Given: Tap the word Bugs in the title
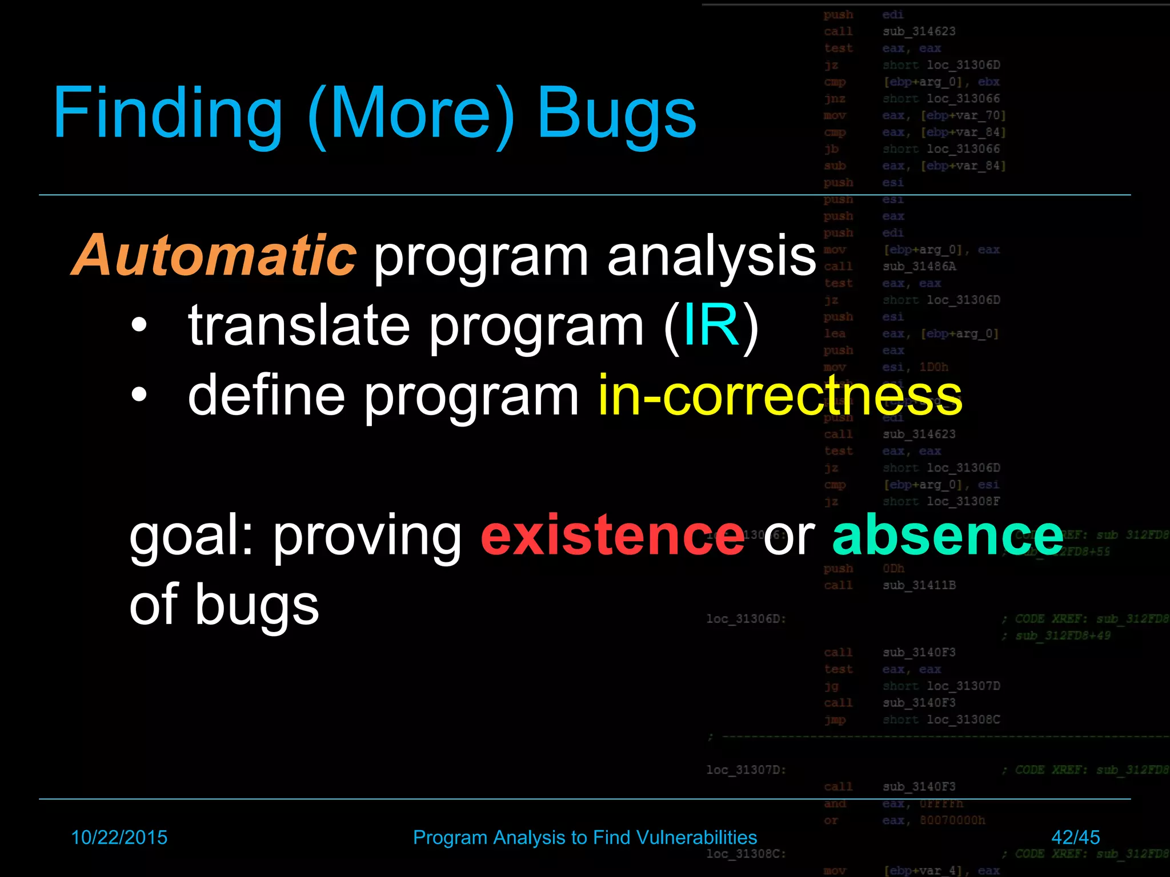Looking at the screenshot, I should tap(616, 113).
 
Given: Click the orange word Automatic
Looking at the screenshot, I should tap(214, 255).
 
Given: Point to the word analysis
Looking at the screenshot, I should tap(711, 257).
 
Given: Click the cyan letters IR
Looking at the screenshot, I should tap(711, 325).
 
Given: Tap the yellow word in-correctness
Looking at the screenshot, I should tap(780, 395).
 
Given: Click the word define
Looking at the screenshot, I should tap(266, 395).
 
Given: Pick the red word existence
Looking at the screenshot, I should tap(612, 535).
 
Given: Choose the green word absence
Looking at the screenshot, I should tap(948, 535).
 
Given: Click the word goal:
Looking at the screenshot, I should tap(191, 537).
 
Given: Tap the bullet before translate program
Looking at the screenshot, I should tap(139, 326).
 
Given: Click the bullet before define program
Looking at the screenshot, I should tap(139, 395).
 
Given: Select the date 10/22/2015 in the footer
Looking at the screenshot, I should tap(119, 837).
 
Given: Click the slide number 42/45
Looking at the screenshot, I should tap(1075, 837).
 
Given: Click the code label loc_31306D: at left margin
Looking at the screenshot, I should tap(746, 619).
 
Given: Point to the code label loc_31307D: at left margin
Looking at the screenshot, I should tap(746, 770).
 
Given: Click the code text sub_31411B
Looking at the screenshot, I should tap(919, 585).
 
